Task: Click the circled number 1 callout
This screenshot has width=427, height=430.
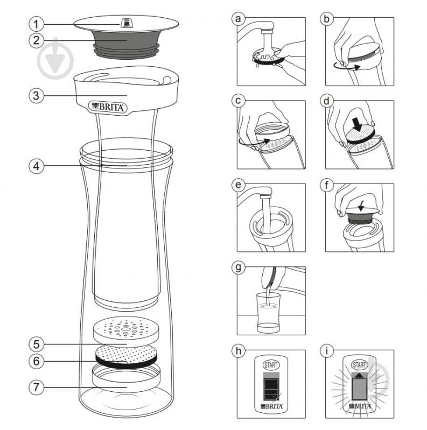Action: (36, 24)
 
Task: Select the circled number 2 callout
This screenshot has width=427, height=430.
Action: (36, 40)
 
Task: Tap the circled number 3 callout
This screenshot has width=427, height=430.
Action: (36, 96)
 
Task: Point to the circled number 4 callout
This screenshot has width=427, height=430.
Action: (36, 166)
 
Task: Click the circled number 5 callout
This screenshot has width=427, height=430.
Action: (36, 343)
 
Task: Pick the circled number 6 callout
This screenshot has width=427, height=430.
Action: (36, 361)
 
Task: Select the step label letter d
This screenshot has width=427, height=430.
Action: (325, 102)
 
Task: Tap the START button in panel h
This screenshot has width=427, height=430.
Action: (271, 364)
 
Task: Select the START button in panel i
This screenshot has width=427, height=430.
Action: (359, 364)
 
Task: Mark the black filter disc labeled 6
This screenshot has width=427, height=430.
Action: (126, 356)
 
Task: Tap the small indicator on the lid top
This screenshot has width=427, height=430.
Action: (127, 23)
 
